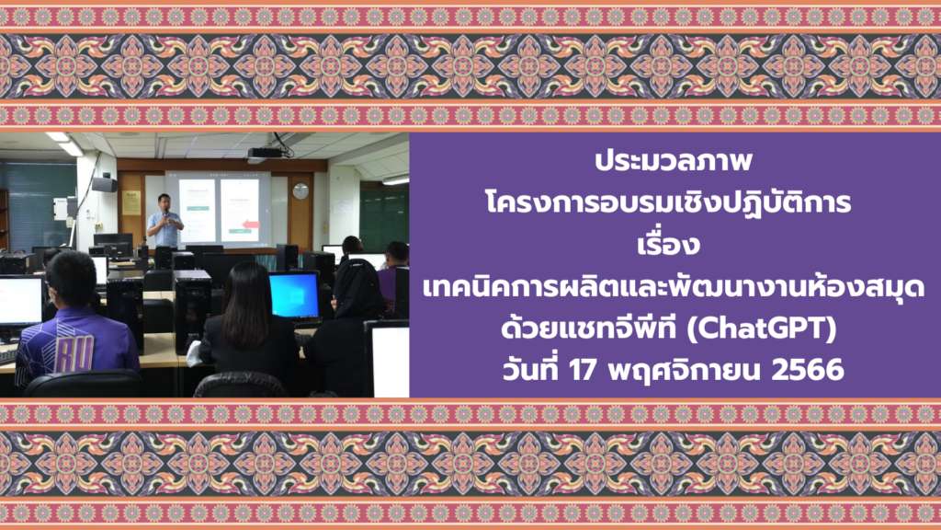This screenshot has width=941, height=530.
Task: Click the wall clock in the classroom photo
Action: point(300,191)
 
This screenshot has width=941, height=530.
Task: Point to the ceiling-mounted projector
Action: point(265,155)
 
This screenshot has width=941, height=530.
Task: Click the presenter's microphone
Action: point(165,213)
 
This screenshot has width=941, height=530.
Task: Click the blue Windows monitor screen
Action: point(293,295)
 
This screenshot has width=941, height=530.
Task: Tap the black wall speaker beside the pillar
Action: point(105,183)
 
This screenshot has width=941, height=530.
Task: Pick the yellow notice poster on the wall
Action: point(131,202)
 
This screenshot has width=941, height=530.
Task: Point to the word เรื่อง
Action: point(669,245)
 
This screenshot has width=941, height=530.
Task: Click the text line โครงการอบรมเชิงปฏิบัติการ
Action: point(669,202)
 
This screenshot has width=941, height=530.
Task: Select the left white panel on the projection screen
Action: point(197,211)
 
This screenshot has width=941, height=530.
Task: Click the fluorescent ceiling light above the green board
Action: point(395,180)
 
